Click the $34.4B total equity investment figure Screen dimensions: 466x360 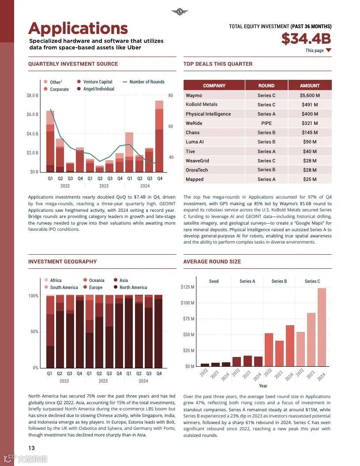point(306,39)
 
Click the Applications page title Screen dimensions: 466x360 point(78,28)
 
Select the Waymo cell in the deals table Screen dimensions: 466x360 point(194,95)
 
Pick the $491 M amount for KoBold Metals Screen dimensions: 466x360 point(309,105)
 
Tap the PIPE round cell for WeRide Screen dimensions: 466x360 point(266,123)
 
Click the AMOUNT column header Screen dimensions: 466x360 point(309,86)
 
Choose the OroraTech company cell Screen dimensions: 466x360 point(197,170)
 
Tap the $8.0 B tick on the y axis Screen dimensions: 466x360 point(33,95)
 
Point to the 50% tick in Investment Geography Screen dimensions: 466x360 point(34,331)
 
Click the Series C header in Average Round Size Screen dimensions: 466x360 point(312,281)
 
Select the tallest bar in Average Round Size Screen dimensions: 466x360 point(322,327)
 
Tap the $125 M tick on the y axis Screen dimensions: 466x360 point(187,287)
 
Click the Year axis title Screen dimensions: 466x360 point(263,386)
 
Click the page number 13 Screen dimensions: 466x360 point(32,448)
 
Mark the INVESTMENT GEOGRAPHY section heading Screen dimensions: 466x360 point(62,262)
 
